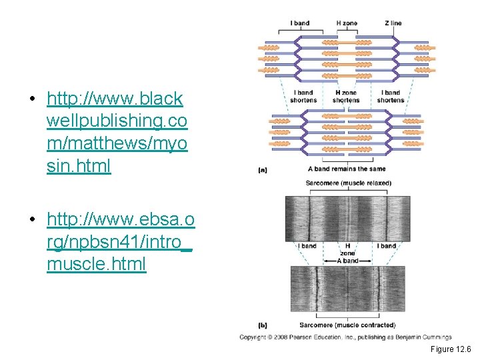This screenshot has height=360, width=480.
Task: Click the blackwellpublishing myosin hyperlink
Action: click(117, 133)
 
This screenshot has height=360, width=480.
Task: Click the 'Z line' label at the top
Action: click(393, 23)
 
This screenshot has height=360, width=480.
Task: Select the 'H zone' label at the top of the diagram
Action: click(347, 23)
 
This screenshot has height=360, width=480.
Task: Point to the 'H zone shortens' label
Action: click(347, 97)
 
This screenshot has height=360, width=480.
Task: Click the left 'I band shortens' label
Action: click(303, 97)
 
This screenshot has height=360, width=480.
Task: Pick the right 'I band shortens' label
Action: click(391, 97)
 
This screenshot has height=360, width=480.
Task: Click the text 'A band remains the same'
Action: click(347, 169)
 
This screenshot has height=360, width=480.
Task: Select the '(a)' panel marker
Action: click(263, 170)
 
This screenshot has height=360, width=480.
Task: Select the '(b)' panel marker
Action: click(263, 325)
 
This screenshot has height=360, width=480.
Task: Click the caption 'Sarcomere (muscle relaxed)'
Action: click(347, 183)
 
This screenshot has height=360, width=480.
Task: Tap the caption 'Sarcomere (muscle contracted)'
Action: click(347, 325)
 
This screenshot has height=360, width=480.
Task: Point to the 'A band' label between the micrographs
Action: click(347, 261)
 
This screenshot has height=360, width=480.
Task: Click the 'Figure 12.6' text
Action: click(451, 349)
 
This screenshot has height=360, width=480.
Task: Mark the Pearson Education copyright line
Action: click(345, 337)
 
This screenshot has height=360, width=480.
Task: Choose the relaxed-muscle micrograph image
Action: click(347, 218)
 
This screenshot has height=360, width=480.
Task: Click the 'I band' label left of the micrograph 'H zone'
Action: click(307, 246)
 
